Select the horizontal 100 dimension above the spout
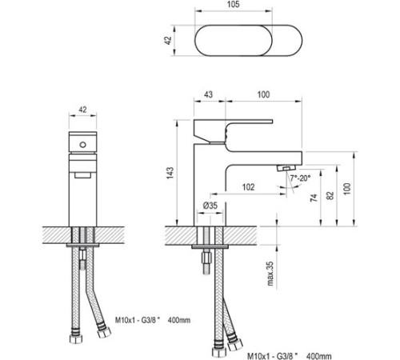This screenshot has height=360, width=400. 262,95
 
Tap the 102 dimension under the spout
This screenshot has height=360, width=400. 248,188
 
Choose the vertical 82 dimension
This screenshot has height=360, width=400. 330,195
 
